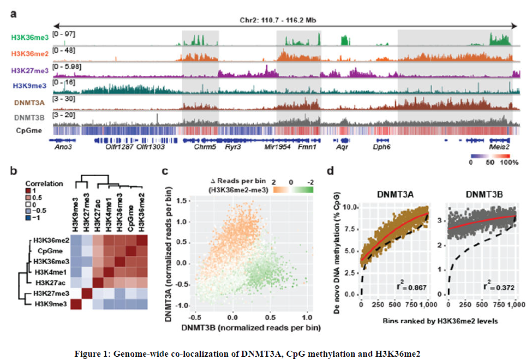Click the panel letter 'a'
(14, 12)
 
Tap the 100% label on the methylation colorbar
(509, 162)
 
